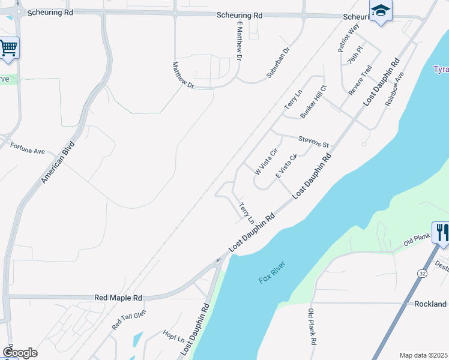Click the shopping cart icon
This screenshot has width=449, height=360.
pos(8,47)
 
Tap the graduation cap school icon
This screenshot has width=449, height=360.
pos(381,11)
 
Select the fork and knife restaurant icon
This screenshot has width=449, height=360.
pos(441,232)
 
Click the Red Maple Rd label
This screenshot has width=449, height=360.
pos(118,298)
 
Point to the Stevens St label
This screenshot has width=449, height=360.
pos(314,141)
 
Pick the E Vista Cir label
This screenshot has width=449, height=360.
pos(286,166)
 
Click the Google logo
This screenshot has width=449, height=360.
pos(20,353)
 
